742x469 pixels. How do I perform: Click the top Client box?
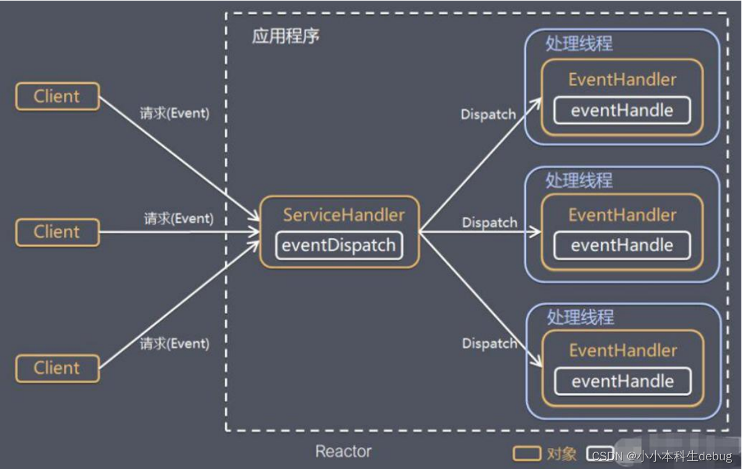[57, 97]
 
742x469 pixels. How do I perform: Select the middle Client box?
[57, 232]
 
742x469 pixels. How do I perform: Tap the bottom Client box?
[57, 368]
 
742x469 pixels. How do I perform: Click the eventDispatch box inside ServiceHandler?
[338, 245]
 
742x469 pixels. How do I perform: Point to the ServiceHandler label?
[343, 215]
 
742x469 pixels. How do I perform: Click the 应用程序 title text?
[285, 36]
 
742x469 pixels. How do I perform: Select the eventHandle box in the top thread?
[622, 111]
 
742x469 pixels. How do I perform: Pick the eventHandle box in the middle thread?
[622, 245]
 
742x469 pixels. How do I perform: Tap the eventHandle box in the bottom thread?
[622, 381]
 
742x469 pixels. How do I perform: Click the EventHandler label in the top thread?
[622, 79]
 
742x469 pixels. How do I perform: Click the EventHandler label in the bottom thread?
[622, 351]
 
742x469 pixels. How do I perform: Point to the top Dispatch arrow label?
[488, 115]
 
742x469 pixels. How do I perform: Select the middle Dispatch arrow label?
[490, 222]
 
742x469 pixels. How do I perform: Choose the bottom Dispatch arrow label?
[490, 343]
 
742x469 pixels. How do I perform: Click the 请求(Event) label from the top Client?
[174, 114]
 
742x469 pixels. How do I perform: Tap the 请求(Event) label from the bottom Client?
[174, 343]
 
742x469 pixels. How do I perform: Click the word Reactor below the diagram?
[343, 452]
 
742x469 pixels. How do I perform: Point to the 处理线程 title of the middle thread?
[579, 180]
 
